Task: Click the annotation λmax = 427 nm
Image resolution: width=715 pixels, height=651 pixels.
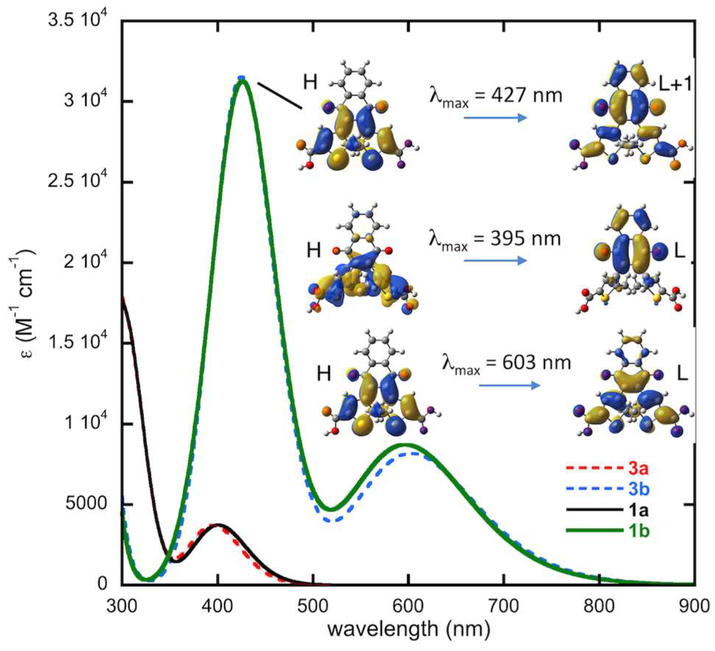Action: tap(496, 96)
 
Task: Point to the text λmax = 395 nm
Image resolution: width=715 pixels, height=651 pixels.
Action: tap(495, 240)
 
